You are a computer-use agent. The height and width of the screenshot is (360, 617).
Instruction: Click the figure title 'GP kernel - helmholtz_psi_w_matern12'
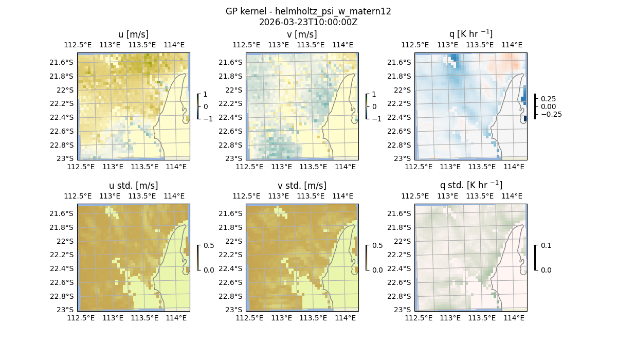click(x=308, y=11)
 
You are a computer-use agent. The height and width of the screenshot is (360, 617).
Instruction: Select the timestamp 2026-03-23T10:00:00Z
click(x=308, y=22)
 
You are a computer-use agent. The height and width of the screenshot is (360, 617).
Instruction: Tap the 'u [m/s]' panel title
click(x=134, y=34)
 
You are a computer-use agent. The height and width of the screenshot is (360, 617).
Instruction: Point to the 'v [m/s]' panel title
click(x=302, y=34)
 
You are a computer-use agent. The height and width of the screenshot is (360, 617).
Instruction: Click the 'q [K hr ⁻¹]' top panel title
click(x=471, y=34)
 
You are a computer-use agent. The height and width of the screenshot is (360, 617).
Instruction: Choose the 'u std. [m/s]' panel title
click(x=134, y=186)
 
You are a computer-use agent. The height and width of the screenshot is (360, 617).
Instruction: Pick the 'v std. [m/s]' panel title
click(x=302, y=186)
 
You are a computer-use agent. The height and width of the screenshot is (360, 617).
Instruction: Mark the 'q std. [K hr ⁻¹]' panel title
click(x=471, y=185)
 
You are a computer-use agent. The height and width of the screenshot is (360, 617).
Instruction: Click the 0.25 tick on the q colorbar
click(x=548, y=99)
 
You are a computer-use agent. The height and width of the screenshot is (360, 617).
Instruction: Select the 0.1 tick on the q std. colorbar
click(x=546, y=245)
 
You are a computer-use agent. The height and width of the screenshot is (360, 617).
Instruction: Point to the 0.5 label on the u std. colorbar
click(x=209, y=245)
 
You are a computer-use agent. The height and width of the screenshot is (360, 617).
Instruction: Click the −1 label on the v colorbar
click(x=377, y=119)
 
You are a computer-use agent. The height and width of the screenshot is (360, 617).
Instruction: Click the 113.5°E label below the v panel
click(x=313, y=167)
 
